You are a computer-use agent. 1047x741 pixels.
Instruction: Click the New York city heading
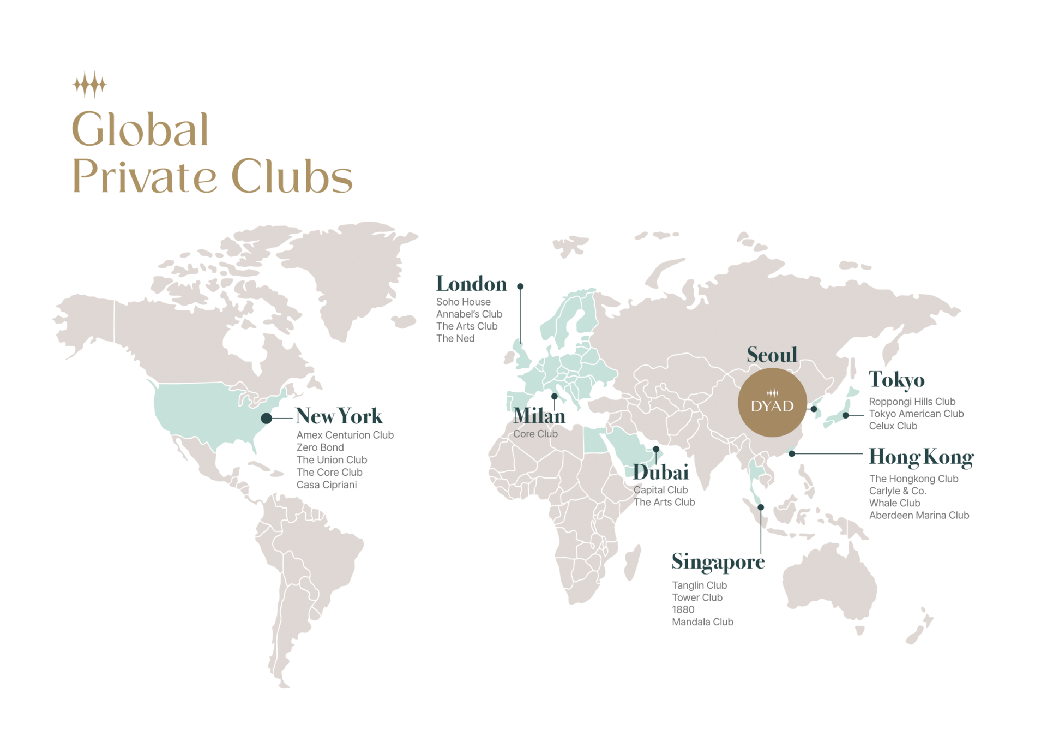[x=339, y=416]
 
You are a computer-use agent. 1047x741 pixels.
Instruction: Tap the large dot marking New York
[x=267, y=419]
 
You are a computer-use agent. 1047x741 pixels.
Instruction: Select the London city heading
[x=471, y=284]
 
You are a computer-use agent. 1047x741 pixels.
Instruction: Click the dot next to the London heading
[x=520, y=286]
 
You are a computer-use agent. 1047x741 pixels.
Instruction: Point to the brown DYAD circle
[x=772, y=403]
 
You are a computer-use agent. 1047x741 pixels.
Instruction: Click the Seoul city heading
[x=772, y=355]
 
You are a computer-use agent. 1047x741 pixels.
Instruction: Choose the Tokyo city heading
[x=896, y=380]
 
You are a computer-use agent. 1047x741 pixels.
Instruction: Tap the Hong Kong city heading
[x=921, y=457]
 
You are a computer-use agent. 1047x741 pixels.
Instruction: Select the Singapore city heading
[x=718, y=562]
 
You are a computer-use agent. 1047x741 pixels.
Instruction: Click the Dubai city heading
[x=660, y=473]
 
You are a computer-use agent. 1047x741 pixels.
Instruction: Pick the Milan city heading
[x=539, y=416]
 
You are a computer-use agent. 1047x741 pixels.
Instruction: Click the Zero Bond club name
[x=320, y=447]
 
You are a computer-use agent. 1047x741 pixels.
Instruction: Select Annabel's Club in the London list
[x=469, y=314]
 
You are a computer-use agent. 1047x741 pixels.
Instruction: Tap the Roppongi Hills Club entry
[x=912, y=402]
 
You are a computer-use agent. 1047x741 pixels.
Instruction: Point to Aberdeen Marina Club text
[x=919, y=515]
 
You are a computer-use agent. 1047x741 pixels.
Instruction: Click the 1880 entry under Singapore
[x=683, y=609]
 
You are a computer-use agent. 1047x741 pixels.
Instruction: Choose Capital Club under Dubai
[x=660, y=490]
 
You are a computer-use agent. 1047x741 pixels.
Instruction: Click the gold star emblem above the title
[x=89, y=85]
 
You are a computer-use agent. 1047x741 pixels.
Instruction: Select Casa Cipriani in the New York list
[x=327, y=485]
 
